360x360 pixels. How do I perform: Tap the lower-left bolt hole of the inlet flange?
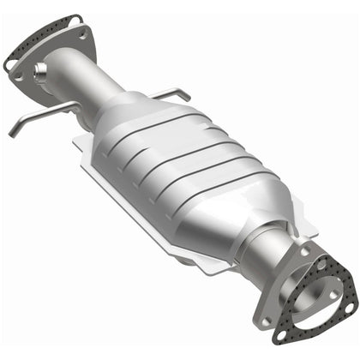[x=19, y=74]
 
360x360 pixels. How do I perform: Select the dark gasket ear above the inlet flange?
[x=76, y=18]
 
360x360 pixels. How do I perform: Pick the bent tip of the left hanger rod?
[x=12, y=132]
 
